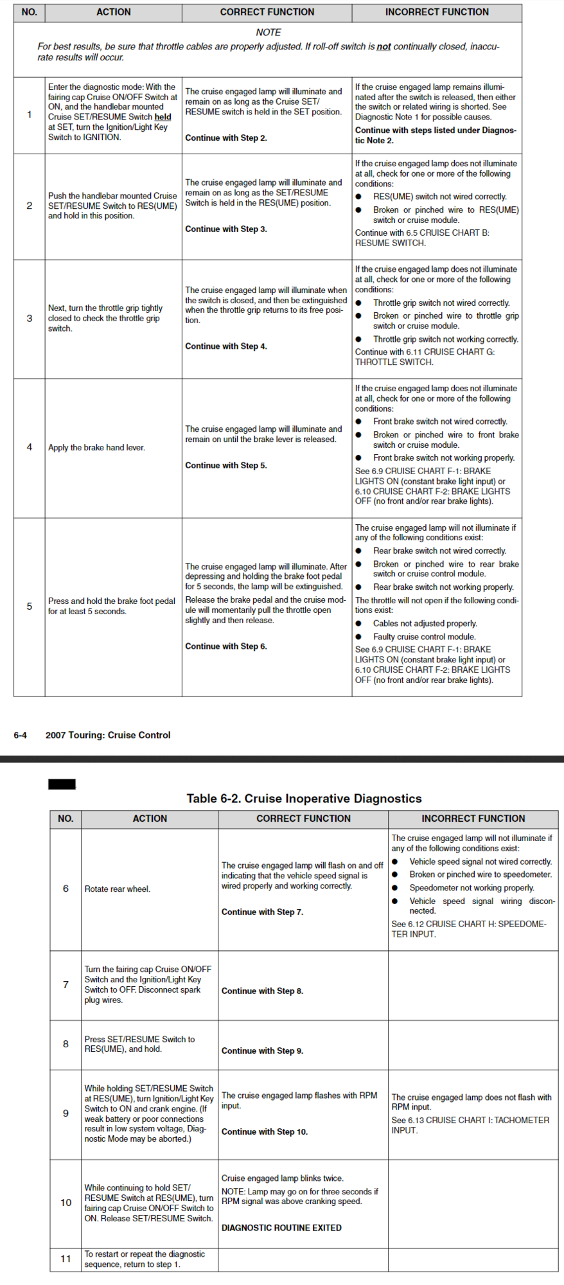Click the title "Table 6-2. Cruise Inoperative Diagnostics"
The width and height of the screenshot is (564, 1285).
[304, 799]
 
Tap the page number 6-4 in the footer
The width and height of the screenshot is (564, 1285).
[20, 735]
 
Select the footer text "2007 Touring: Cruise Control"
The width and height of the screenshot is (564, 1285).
[108, 735]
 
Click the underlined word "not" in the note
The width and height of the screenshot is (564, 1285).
[383, 47]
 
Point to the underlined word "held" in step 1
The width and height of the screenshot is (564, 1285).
[163, 117]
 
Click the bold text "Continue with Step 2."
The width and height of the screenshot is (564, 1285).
[225, 138]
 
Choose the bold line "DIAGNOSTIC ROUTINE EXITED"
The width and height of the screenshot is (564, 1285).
[281, 1228]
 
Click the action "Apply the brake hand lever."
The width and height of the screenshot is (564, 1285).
[96, 448]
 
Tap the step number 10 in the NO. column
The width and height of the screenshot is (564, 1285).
[66, 1203]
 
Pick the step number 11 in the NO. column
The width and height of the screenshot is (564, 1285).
[66, 1259]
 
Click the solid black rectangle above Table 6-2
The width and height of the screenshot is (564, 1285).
[62, 784]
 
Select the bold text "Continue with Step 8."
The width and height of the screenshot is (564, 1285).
[262, 991]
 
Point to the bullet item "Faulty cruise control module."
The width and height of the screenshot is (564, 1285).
[424, 637]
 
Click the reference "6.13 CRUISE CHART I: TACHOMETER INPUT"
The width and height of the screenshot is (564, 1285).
[470, 1125]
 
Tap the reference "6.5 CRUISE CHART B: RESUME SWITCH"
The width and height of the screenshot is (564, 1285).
[422, 238]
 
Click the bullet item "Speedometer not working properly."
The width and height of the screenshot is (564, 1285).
[471, 888]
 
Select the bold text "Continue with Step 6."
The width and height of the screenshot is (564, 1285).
[225, 646]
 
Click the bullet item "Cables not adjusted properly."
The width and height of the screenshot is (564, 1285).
[425, 623]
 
